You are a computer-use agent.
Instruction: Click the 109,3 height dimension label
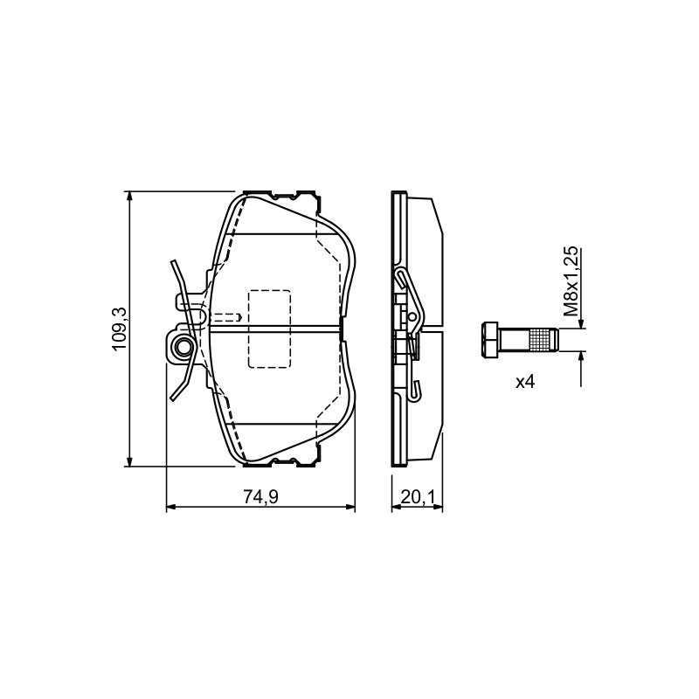(121, 329)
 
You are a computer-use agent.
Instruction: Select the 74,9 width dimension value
(260, 496)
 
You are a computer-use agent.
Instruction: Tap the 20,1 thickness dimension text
(418, 496)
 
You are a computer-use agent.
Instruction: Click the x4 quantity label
(525, 382)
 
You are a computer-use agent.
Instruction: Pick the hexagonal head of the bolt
(489, 339)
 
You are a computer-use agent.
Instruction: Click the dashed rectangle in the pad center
(269, 329)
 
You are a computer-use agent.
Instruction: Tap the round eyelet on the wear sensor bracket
(183, 345)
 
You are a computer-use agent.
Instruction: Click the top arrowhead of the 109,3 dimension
(129, 197)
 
